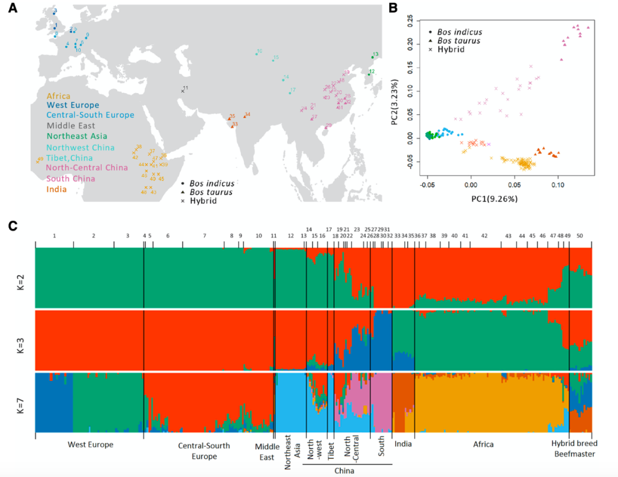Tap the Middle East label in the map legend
[71, 126]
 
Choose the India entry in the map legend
[57, 189]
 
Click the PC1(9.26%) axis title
[494, 200]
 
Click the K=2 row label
[21, 278]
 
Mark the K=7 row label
[21, 402]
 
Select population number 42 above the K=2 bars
[484, 236]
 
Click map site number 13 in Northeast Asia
[375, 55]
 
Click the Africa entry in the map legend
[58, 95]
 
